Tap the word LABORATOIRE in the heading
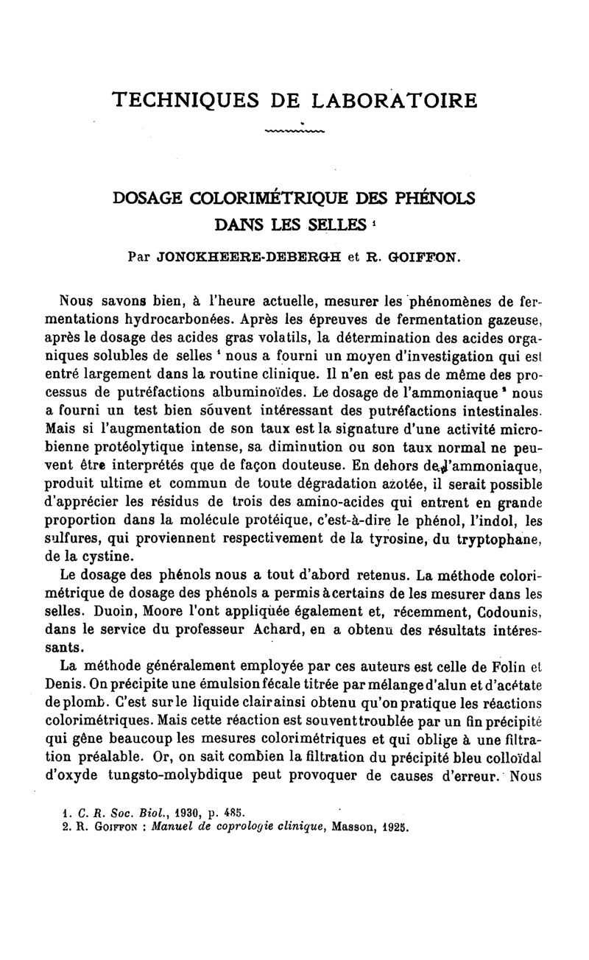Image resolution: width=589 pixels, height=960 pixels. coord(394,99)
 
